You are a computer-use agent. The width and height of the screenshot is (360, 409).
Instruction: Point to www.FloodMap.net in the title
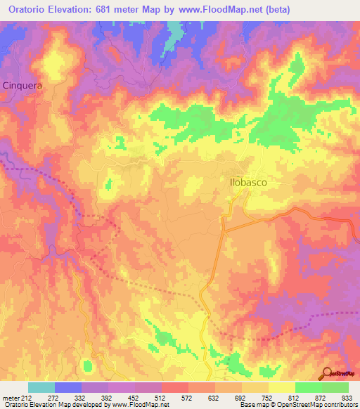212,11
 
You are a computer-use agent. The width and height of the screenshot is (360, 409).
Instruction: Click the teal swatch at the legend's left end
41,387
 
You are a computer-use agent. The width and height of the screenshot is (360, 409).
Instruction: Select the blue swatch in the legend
68,387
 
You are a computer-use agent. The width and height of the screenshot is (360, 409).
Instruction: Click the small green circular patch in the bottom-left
88,365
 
